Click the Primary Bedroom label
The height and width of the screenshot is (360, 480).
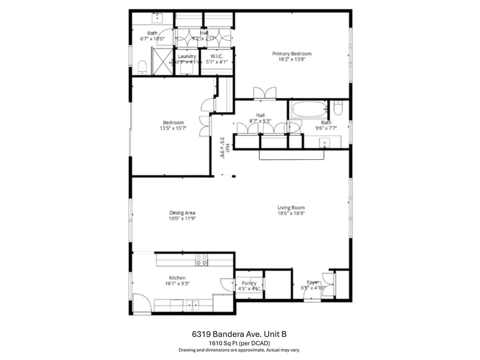click(x=292, y=54)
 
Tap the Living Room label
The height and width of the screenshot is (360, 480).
click(x=291, y=208)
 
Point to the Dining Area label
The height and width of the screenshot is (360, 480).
click(x=182, y=212)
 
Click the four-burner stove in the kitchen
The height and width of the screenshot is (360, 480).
click(x=202, y=260)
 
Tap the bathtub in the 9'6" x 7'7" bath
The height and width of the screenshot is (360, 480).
click(x=308, y=111)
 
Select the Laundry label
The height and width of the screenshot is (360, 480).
click(x=187, y=56)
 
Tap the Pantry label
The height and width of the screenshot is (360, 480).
click(x=249, y=283)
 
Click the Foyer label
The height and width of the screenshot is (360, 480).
click(x=313, y=283)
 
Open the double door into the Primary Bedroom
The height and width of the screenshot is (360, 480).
click(x=264, y=93)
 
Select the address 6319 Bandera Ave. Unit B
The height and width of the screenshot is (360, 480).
click(x=239, y=334)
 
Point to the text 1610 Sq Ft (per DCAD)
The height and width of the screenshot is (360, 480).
click(x=239, y=343)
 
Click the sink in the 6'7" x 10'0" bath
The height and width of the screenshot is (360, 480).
click(x=157, y=18)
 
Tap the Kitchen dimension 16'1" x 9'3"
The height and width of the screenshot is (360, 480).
click(x=177, y=283)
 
